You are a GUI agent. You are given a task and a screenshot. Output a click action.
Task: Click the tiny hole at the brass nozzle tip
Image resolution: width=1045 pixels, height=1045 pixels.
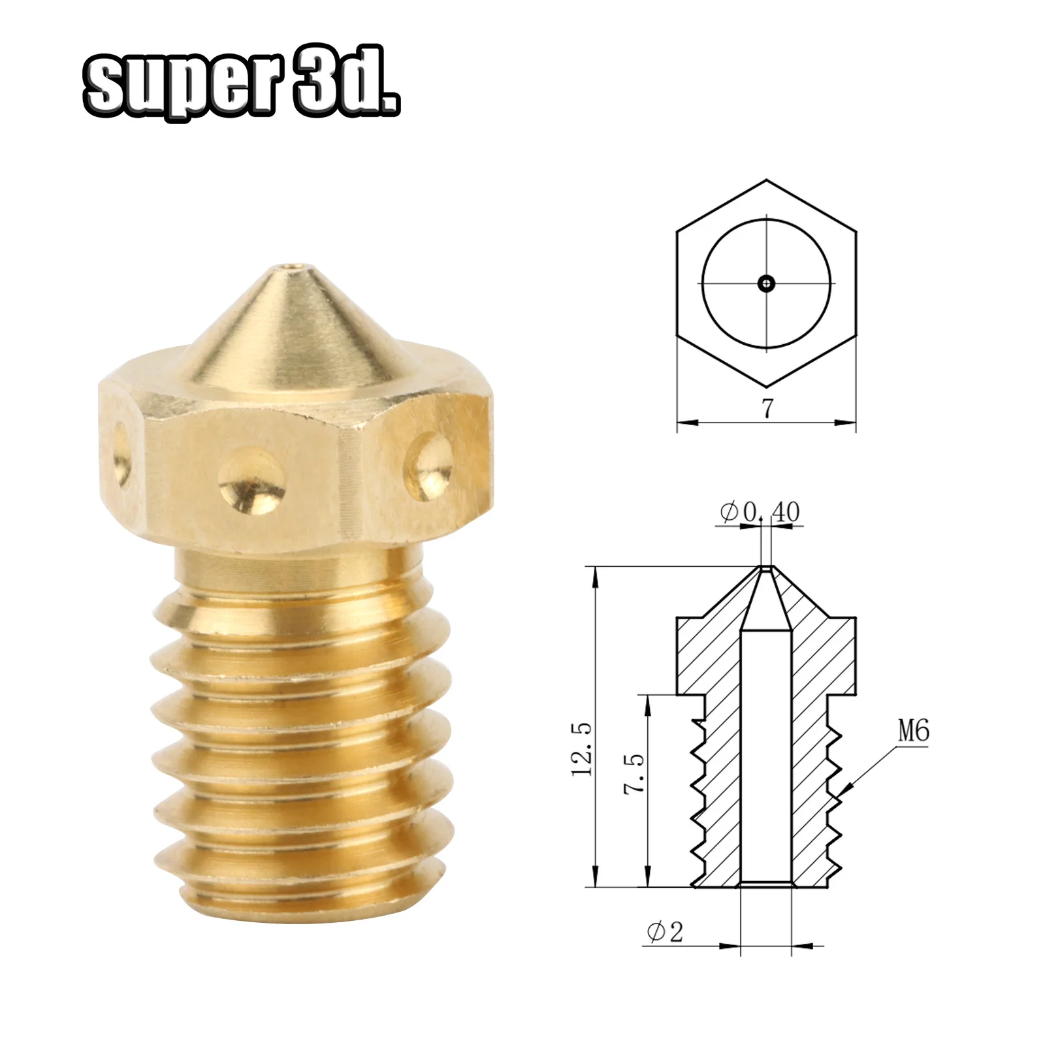289,267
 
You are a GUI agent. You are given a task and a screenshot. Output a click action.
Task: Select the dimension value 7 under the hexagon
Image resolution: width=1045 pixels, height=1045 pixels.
767,409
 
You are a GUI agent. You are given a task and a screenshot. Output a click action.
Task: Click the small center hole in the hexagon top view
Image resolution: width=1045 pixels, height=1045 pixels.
766,283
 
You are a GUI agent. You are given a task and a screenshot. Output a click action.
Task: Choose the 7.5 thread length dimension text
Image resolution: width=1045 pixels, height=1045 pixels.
634,773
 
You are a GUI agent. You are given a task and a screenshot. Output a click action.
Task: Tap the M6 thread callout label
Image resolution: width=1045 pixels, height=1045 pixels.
913,731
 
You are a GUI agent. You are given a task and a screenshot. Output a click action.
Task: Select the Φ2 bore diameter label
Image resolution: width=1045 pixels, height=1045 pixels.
665,931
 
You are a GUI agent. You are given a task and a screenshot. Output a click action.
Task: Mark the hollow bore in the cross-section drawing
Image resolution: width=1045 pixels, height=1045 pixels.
766,751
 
